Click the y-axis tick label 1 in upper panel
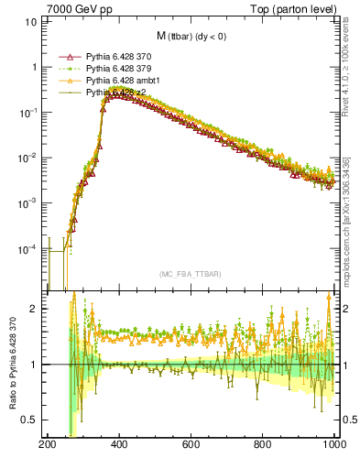tap(34, 67)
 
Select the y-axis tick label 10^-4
tap(29, 248)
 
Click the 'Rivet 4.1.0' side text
tap(349, 55)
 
